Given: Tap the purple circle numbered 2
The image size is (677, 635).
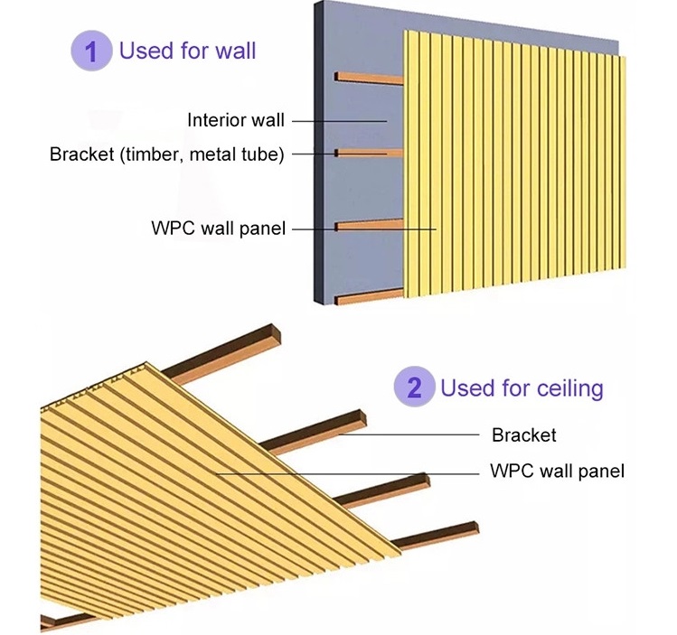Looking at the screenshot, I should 414,388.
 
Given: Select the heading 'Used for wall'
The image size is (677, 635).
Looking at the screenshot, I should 188,50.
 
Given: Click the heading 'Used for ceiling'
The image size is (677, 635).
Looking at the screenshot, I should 522,388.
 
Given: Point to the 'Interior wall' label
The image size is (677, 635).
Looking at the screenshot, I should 236,120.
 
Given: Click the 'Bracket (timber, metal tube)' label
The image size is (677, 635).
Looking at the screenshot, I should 167,154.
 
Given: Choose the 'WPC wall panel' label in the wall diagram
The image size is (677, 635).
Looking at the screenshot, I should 218,229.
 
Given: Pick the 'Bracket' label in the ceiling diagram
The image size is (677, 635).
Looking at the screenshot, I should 524,435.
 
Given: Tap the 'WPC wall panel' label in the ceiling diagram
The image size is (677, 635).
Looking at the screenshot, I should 557,471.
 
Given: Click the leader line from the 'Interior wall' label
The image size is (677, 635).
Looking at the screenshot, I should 339,120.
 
